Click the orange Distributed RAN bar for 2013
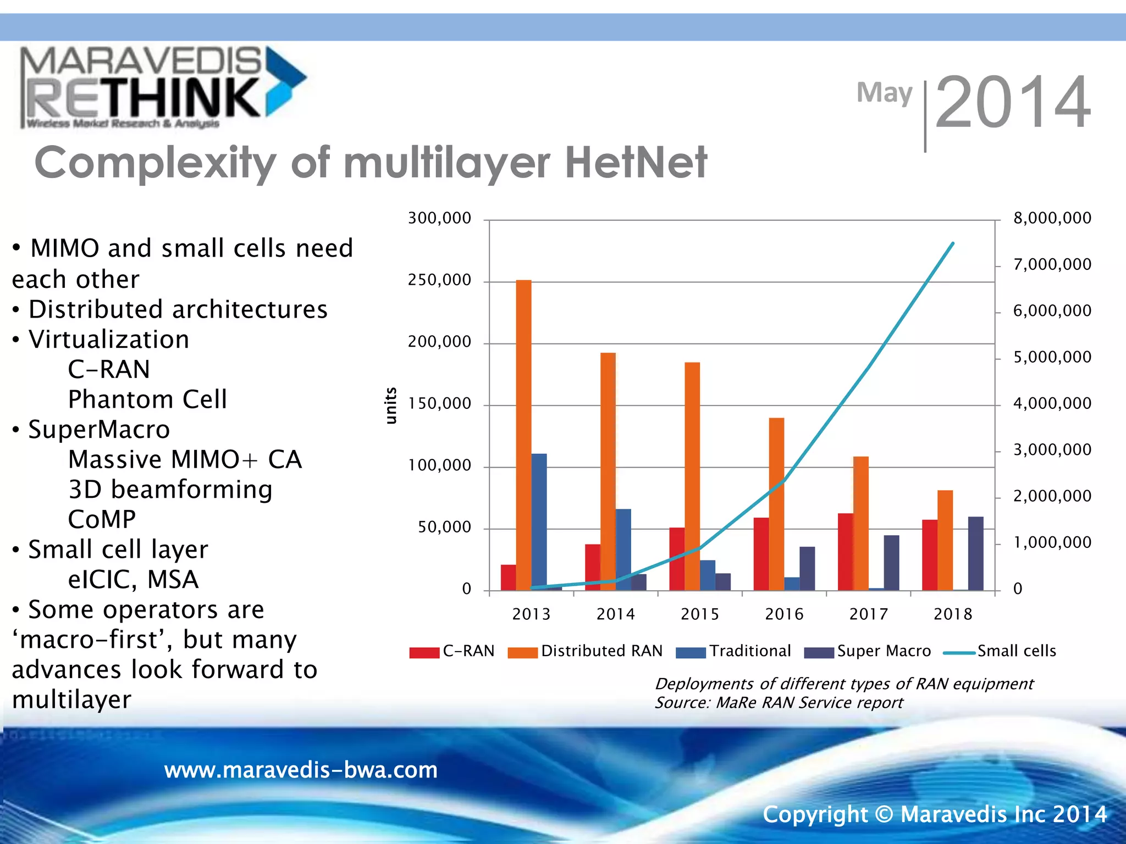click(523, 434)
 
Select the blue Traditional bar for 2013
click(539, 522)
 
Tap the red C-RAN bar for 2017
click(846, 552)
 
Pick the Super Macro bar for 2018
click(975, 554)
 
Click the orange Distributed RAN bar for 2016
click(776, 504)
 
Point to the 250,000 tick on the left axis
click(439, 280)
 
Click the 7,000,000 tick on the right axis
click(1052, 265)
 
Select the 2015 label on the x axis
click(699, 614)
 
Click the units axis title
click(391, 406)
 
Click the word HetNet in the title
click(636, 163)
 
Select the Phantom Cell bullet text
click(147, 399)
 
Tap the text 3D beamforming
click(170, 490)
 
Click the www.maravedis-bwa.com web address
click(301, 770)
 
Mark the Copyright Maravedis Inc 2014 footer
click(934, 814)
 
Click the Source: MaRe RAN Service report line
click(779, 703)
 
